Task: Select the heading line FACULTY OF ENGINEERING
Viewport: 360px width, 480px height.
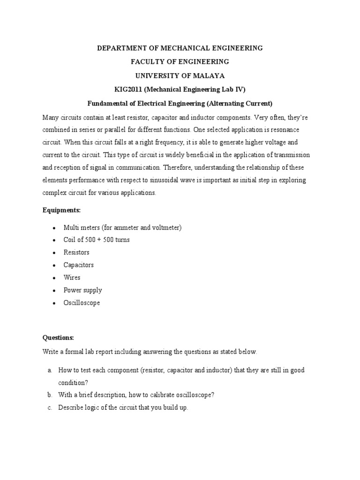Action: (x=180, y=61)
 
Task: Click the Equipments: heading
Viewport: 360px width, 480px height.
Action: (x=62, y=210)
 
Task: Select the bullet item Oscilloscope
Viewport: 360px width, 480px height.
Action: (x=82, y=303)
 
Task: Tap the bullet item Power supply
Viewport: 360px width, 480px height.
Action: (x=82, y=290)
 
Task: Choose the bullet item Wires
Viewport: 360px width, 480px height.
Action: (x=72, y=277)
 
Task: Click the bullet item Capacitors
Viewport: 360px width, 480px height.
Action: (x=79, y=265)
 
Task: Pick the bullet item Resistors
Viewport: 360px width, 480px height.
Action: (x=76, y=252)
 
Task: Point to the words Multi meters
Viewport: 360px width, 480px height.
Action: (x=80, y=227)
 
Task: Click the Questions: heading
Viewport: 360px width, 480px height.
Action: (x=58, y=337)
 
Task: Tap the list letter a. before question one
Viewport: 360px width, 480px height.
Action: (x=49, y=370)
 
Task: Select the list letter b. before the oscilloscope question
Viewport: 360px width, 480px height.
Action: (x=49, y=395)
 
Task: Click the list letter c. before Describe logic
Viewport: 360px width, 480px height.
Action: (x=49, y=408)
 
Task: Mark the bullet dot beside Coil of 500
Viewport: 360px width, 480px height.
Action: (x=54, y=240)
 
